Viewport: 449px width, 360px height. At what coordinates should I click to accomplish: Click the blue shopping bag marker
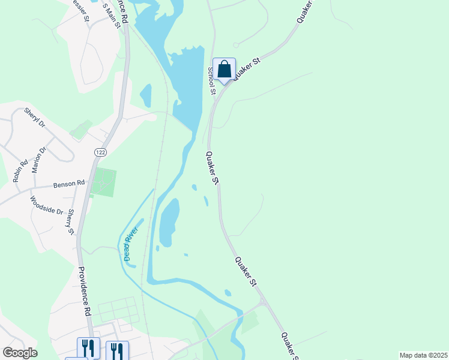[x=224, y=70]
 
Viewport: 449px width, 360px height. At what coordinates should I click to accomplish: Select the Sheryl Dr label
[x=35, y=118]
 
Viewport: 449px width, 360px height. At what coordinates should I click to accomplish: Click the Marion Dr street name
[x=39, y=160]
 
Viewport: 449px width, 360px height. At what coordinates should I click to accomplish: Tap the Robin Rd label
[x=20, y=171]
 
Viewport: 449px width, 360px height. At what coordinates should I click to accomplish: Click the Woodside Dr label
[x=46, y=206]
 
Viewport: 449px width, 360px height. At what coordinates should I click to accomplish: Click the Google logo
[x=20, y=352]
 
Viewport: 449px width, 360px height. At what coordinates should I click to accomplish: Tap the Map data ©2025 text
[x=423, y=355]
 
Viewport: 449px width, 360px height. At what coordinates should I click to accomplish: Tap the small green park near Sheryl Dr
[x=81, y=129]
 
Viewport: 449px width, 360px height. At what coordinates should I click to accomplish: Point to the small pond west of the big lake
[x=145, y=95]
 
